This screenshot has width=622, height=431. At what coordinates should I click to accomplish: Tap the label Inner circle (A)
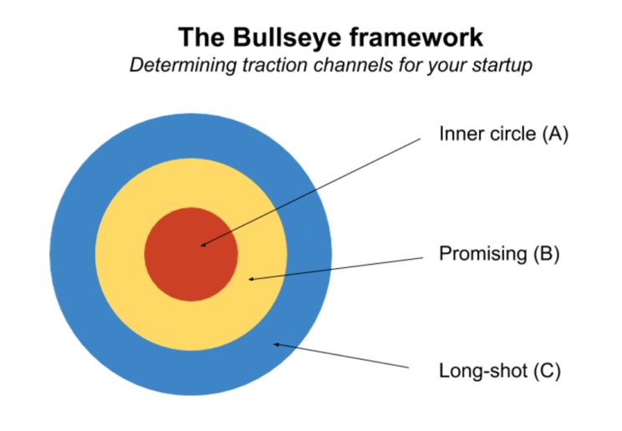pyautogui.click(x=503, y=134)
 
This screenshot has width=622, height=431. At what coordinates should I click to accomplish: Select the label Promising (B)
pyautogui.click(x=498, y=254)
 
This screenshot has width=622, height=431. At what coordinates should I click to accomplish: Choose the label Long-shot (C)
pyautogui.click(x=499, y=370)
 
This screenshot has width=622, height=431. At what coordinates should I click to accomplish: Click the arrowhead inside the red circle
pyautogui.click(x=203, y=245)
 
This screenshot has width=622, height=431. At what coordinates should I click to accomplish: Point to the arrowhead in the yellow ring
pyautogui.click(x=252, y=278)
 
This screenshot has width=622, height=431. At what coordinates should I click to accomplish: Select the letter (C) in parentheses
pyautogui.click(x=547, y=370)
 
